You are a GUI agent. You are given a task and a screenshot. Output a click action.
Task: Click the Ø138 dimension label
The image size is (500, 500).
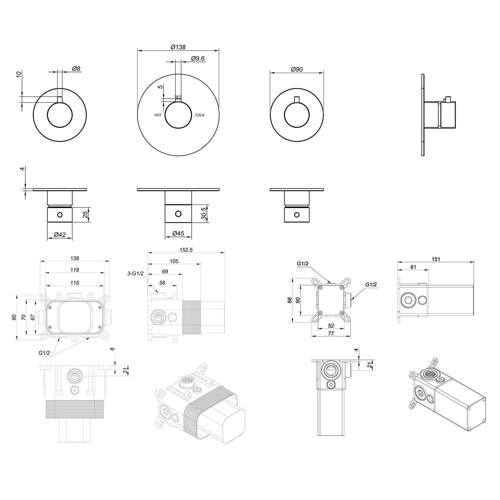[x=178, y=47]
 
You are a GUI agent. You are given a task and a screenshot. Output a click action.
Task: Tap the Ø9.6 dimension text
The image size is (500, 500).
[x=198, y=58]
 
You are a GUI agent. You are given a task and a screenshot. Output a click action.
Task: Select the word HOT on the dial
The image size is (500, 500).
[x=158, y=115]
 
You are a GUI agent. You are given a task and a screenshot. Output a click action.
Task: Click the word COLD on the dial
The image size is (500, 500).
[x=200, y=115]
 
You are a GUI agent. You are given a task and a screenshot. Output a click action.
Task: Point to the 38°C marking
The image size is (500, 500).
[x=178, y=97]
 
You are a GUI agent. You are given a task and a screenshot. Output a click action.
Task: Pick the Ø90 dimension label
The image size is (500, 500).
[x=297, y=69]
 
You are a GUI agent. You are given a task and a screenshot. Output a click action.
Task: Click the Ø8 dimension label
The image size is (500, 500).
[x=76, y=69]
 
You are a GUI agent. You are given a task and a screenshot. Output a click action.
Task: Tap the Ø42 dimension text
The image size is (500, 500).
[x=60, y=235]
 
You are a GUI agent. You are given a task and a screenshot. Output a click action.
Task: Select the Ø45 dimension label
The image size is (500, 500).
[x=178, y=234]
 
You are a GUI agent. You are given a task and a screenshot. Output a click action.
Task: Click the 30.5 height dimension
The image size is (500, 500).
[x=204, y=213]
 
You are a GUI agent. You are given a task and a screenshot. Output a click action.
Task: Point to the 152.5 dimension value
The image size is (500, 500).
[x=186, y=250]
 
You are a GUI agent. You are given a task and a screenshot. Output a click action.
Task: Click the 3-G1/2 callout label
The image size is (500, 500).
[x=135, y=274]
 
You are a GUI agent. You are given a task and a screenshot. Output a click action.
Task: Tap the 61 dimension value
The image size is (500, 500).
[x=413, y=267]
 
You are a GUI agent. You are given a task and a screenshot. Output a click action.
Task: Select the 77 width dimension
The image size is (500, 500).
[x=331, y=333]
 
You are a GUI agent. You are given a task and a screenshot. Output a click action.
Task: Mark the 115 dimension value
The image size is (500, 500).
[x=75, y=283]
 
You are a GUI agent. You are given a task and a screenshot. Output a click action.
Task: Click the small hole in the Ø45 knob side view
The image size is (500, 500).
[x=178, y=214]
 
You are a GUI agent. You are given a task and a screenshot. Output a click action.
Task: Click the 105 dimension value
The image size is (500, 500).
[x=174, y=261]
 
